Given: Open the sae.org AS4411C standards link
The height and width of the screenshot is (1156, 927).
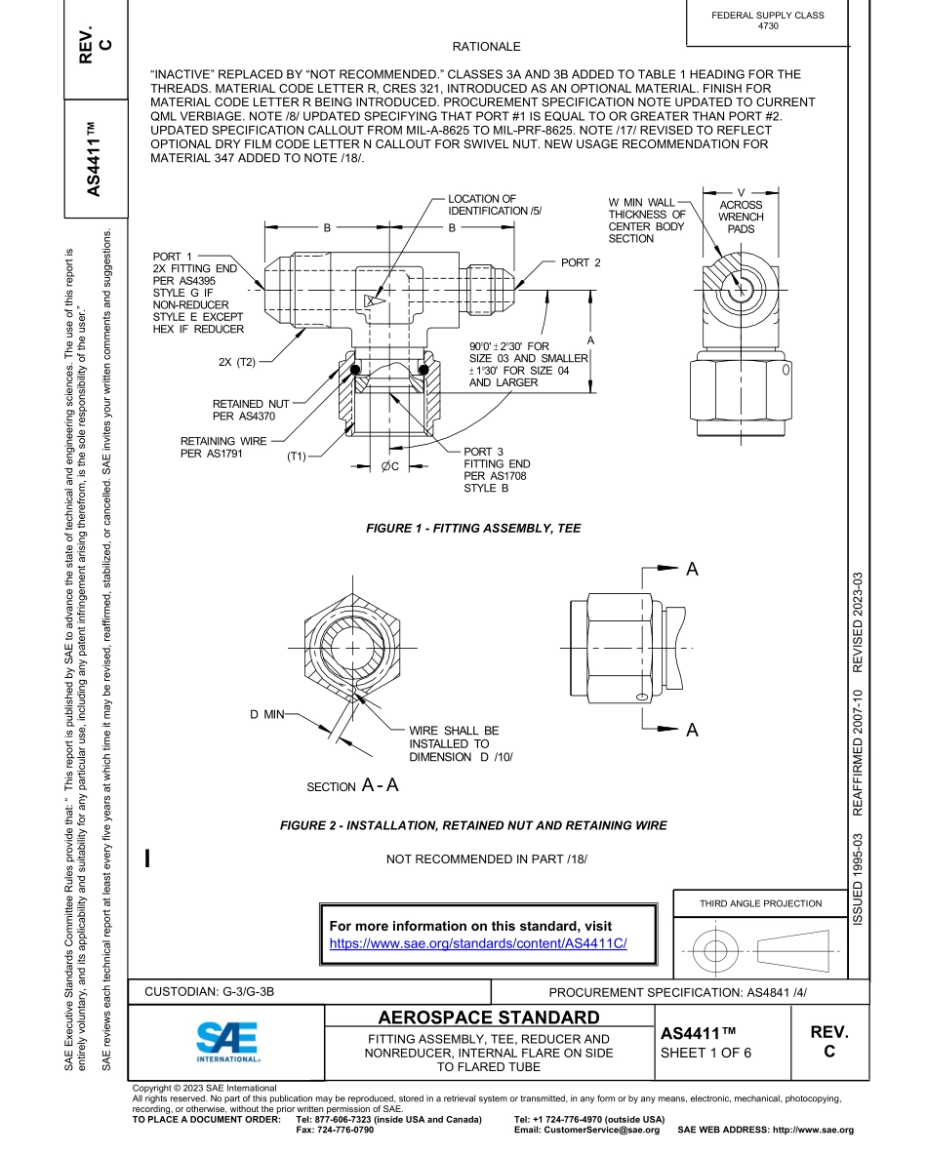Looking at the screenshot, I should coord(477,943).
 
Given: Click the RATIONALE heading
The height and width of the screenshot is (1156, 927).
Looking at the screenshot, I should coord(486,47).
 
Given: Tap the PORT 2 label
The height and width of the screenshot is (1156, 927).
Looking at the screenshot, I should coord(581,262).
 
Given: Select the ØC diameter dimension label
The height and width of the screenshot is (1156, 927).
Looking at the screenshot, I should coord(389,466).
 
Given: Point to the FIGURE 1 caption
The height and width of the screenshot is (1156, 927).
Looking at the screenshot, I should coord(472,528).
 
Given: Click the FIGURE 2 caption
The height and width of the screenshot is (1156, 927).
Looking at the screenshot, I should coord(472,825).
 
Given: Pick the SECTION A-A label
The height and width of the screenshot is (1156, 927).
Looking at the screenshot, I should coord(352,785).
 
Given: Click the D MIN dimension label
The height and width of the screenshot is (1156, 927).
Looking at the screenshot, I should coord(266,715).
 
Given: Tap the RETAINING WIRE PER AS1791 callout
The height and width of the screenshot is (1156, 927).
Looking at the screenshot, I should coord(222,447).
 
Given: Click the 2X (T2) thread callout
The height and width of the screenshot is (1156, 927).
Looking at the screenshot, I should coord(237,362).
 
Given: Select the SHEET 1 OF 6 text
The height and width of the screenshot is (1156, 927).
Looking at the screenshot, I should coord(705,1053).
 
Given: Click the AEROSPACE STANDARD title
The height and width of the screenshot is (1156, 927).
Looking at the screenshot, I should coord(489,1017).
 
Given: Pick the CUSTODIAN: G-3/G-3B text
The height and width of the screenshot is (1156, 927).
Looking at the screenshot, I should coord(210,991).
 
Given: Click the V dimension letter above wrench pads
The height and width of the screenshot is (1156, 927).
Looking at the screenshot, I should coord(742,191).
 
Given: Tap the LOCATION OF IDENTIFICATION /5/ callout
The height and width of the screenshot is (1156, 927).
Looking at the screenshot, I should coord(494,205).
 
